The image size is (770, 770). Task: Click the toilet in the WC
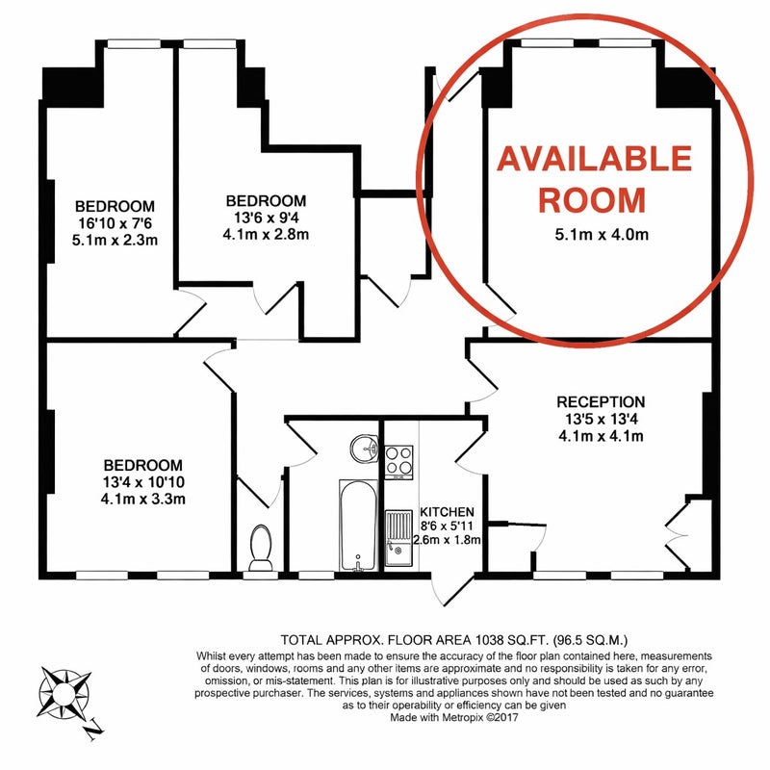tap(260, 548)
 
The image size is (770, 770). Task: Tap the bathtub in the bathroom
tap(358, 526)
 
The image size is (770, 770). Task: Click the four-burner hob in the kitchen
tap(398, 462)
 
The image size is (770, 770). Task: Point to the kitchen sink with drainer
tap(398, 538)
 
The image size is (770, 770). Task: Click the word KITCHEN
tap(447, 512)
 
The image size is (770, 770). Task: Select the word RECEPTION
tap(601, 402)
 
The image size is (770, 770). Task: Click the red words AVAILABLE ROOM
tap(594, 179)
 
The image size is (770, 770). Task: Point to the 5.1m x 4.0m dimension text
tap(602, 235)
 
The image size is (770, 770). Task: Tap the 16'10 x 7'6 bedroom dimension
tap(115, 223)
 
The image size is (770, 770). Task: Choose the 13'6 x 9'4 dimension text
tap(266, 218)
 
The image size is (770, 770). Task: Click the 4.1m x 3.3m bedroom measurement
tap(142, 500)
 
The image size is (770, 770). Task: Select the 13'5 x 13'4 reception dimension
tap(601, 419)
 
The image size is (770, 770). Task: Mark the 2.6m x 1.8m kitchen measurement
tap(447, 540)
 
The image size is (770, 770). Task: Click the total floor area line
tap(454, 640)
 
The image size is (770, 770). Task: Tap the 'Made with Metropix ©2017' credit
tap(454, 717)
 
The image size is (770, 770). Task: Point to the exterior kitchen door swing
tap(450, 588)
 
